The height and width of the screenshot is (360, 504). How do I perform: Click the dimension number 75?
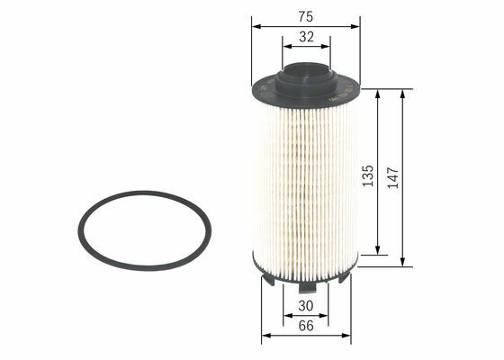tap(305, 17)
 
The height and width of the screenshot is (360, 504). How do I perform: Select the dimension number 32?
tap(306, 37)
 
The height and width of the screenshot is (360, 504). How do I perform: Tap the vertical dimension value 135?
tap(368, 175)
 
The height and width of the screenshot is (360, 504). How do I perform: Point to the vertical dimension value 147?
tap(392, 177)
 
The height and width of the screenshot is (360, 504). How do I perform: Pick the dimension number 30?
tap(305, 306)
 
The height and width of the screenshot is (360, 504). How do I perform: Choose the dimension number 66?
tap(306, 326)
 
